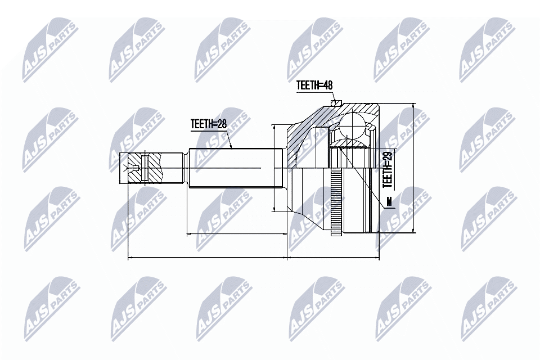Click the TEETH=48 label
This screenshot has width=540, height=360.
(x=314, y=85)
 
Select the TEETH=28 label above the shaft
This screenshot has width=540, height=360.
(x=208, y=124)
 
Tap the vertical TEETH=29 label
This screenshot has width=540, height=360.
(x=387, y=168)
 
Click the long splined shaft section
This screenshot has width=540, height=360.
(x=236, y=168)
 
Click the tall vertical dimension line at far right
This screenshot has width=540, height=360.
(x=413, y=169)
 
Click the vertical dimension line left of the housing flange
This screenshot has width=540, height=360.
(x=274, y=169)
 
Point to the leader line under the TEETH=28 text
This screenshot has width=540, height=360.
(x=211, y=131)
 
